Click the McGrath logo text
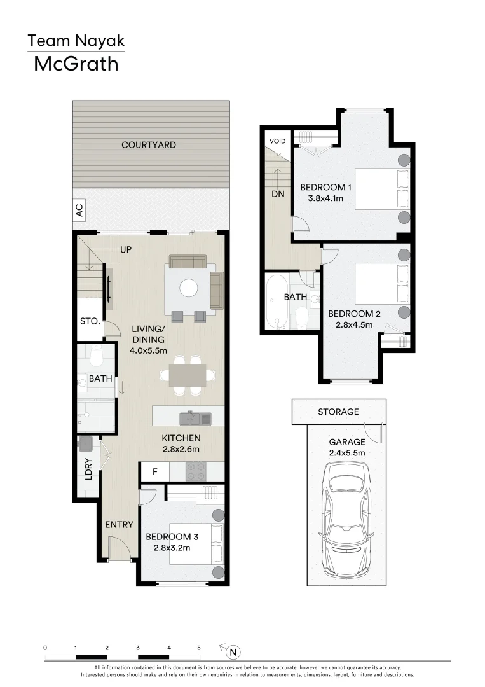(76, 64)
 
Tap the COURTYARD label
(149, 145)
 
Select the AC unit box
(79, 211)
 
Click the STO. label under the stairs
(90, 321)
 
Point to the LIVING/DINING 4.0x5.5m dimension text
(149, 350)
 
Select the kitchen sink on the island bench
(195, 418)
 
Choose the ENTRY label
(119, 525)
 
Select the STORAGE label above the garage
(338, 412)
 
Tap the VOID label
(277, 141)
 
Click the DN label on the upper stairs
(278, 195)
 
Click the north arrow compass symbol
(233, 651)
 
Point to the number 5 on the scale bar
(199, 648)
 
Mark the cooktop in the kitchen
(196, 472)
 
